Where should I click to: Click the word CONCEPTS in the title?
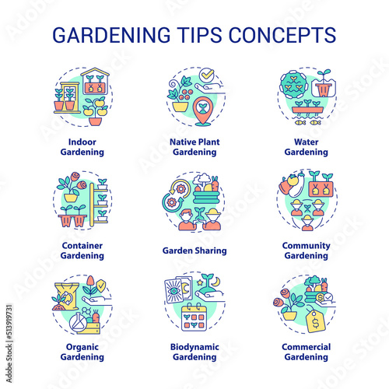(282, 35)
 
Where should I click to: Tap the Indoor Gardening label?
(82, 147)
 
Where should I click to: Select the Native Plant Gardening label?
(194, 147)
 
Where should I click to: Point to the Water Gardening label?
(307, 147)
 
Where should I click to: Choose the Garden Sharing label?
(194, 251)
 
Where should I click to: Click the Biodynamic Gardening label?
(194, 352)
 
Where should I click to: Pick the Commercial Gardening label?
(307, 352)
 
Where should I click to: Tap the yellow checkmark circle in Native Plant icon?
(207, 75)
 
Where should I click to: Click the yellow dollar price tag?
(316, 321)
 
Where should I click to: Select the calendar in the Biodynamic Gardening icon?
(194, 317)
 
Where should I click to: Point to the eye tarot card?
(173, 290)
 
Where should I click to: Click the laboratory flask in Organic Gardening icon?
(79, 322)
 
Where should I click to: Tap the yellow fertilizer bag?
(66, 296)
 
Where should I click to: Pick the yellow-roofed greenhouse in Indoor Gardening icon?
(95, 81)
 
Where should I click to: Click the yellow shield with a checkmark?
(101, 286)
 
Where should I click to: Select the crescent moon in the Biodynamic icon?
(217, 281)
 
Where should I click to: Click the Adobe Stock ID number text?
(9, 321)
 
